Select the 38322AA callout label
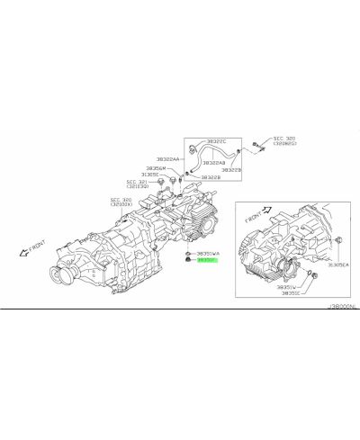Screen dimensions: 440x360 coord(170,159)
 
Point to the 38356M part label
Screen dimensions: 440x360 coord(155,167)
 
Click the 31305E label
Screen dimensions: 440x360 coord(152,175)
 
